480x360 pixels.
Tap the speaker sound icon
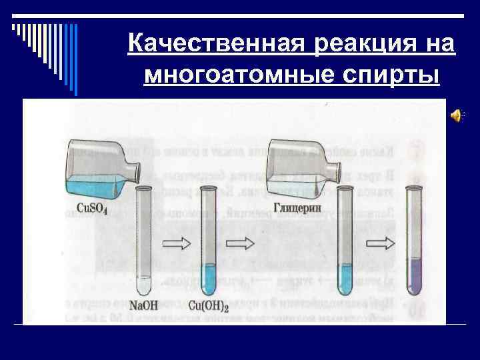(457, 115)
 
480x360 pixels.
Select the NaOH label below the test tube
(143, 306)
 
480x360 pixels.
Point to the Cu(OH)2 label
(209, 306)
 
